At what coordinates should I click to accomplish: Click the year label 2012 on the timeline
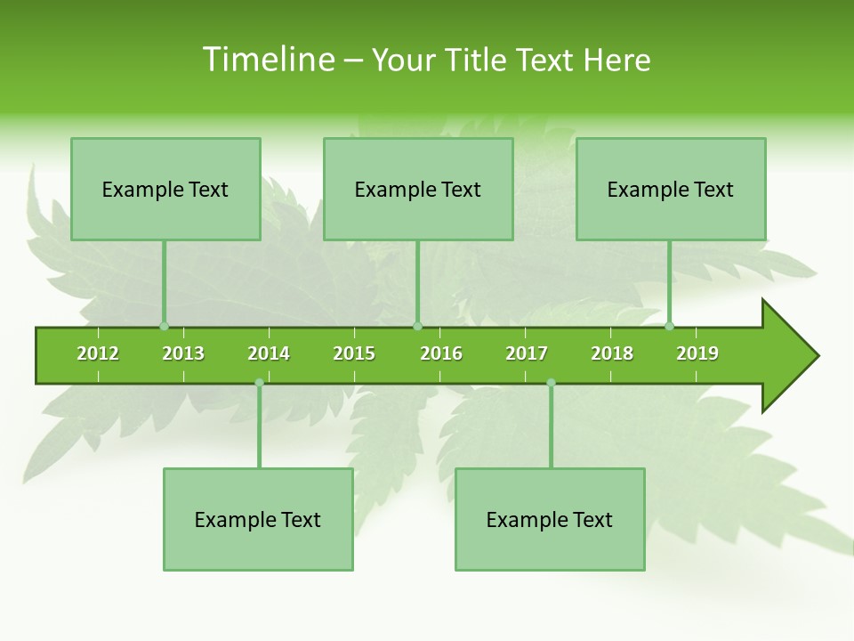pyautogui.click(x=98, y=353)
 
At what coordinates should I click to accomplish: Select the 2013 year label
pyautogui.click(x=183, y=353)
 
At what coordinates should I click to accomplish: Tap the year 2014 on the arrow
pyautogui.click(x=269, y=353)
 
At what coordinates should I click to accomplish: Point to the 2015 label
pyautogui.click(x=354, y=353)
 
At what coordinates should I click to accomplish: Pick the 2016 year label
pyautogui.click(x=441, y=353)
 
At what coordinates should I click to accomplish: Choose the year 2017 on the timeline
pyautogui.click(x=527, y=353)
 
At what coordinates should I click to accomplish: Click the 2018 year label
pyautogui.click(x=612, y=353)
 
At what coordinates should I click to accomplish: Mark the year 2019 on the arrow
pyautogui.click(x=697, y=353)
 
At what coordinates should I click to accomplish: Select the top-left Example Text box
pyautogui.click(x=165, y=190)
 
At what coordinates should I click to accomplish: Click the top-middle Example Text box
pyautogui.click(x=418, y=190)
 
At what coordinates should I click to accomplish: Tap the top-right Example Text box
pyautogui.click(x=671, y=190)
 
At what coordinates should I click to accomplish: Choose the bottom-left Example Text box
pyautogui.click(x=258, y=520)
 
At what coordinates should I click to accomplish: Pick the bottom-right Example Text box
pyautogui.click(x=550, y=520)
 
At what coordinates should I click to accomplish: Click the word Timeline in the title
pyautogui.click(x=268, y=60)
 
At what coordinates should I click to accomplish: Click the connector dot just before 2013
pyautogui.click(x=164, y=326)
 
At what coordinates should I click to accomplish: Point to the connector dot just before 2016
pyautogui.click(x=417, y=326)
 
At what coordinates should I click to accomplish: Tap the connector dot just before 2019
pyautogui.click(x=669, y=326)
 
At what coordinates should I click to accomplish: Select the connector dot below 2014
pyautogui.click(x=259, y=383)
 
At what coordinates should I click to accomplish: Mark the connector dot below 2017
pyautogui.click(x=551, y=383)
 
